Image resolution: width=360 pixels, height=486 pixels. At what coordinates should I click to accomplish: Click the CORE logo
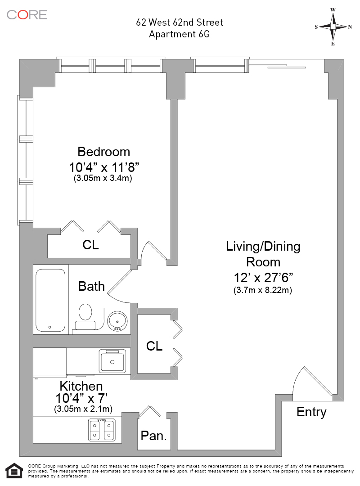tap(27, 14)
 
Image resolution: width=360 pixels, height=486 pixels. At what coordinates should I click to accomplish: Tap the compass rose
tap(333, 27)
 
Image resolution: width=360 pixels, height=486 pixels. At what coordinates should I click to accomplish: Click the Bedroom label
tap(103, 152)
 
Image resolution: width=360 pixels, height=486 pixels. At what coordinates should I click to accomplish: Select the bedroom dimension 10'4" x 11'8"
tap(104, 167)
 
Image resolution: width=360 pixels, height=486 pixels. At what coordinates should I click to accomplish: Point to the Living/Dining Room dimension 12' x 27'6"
tap(263, 278)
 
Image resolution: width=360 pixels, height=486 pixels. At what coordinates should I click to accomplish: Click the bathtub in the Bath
tap(50, 300)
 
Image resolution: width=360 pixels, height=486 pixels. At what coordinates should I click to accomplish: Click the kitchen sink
tap(112, 361)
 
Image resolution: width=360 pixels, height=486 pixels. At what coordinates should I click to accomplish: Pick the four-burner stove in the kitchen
tap(102, 430)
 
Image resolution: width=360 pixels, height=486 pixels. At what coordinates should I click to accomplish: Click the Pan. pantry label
tap(154, 436)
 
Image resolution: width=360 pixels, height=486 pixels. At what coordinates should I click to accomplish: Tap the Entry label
tap(311, 412)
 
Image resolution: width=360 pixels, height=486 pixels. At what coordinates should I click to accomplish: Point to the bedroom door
tap(154, 251)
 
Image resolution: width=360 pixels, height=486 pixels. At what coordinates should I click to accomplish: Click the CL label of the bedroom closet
tap(90, 245)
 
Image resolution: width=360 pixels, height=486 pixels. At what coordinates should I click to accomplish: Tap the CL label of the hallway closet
tap(154, 346)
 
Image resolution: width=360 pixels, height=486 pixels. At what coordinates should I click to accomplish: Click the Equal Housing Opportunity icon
tap(14, 471)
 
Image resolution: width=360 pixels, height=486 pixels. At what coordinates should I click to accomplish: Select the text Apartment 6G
tap(179, 34)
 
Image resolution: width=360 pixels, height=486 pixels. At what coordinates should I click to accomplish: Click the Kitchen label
tap(81, 386)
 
